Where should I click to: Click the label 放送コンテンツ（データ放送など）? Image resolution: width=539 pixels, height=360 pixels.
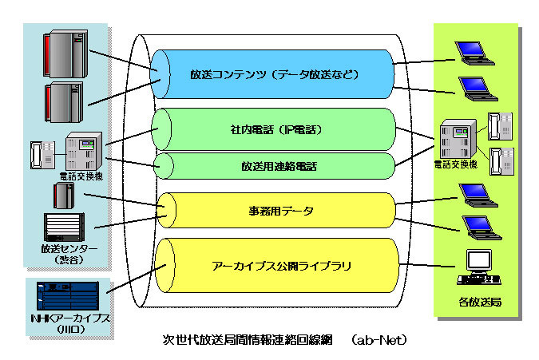pos(272,75)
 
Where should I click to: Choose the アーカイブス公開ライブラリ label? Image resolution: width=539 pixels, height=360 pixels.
pos(272,264)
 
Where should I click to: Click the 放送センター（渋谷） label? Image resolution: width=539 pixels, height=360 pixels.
pos(70,254)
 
